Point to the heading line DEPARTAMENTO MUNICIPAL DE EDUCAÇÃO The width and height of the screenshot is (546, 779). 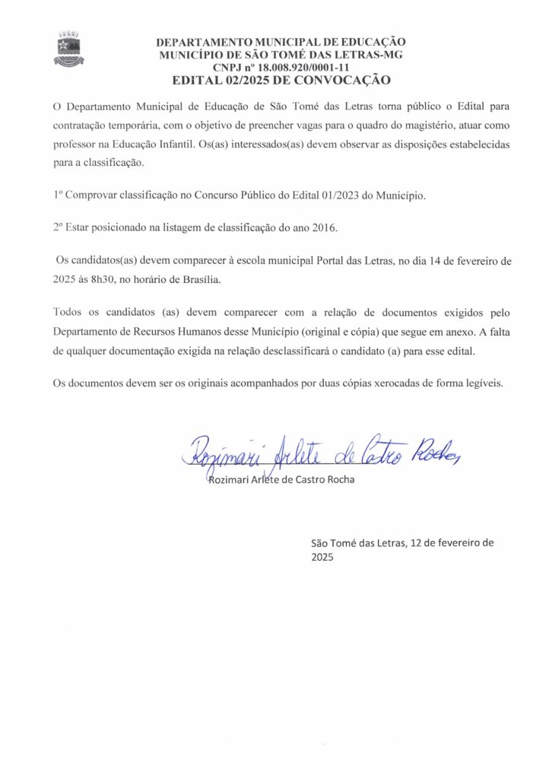pyautogui.click(x=281, y=43)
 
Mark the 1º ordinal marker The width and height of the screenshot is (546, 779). pyautogui.click(x=58, y=195)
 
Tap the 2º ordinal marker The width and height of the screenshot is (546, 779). pyautogui.click(x=58, y=227)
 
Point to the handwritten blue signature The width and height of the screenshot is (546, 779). pyautogui.click(x=319, y=454)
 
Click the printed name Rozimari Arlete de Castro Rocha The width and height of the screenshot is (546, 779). pyautogui.click(x=281, y=480)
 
